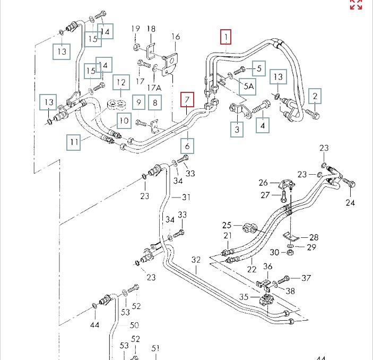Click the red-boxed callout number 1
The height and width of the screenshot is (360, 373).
(227, 37)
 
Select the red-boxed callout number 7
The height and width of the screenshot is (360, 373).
(187, 99)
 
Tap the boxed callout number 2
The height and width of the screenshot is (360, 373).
(315, 96)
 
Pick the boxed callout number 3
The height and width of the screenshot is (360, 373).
(237, 130)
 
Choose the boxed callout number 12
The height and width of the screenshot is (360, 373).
(121, 82)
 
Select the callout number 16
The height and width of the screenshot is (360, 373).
(176, 37)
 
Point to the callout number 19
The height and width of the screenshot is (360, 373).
(135, 29)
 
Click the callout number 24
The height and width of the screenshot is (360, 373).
(350, 202)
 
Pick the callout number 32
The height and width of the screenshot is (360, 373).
(196, 260)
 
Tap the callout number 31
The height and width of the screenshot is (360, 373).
(186, 198)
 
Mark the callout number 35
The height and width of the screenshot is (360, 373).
(244, 297)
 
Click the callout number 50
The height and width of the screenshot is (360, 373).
(134, 325)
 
